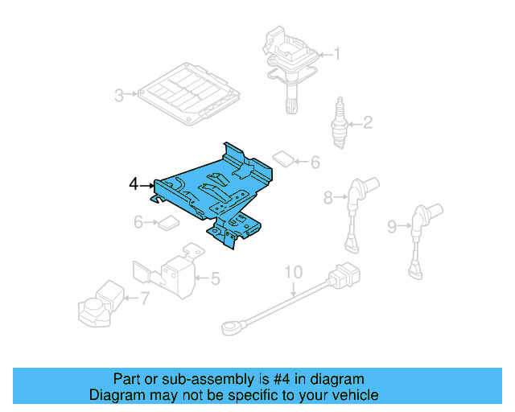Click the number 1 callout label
tap(337, 55)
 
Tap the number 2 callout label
tap(367, 123)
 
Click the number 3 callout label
tap(118, 97)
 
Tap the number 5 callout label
tap(215, 279)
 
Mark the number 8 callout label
tap(328, 196)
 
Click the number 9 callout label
tap(391, 228)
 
